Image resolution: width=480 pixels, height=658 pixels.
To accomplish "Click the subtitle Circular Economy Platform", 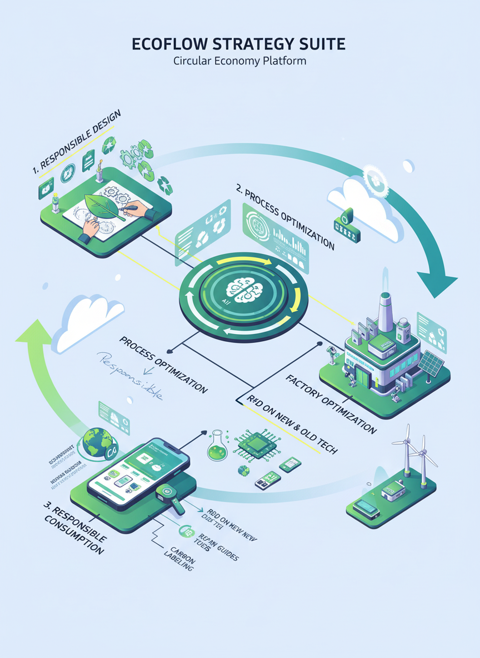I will pyautogui.click(x=239, y=61).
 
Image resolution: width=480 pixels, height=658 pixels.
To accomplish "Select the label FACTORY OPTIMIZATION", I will pyautogui.click(x=331, y=404).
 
